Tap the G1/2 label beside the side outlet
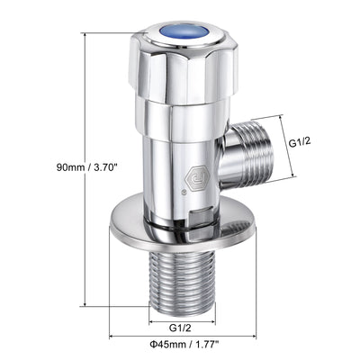[x=300, y=141]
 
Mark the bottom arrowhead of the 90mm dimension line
[x=85, y=302]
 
